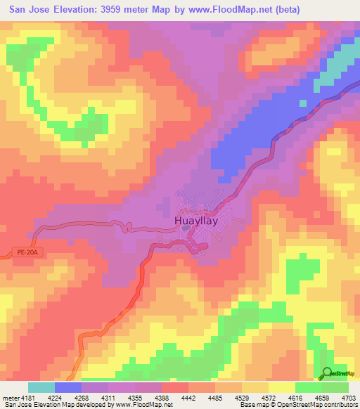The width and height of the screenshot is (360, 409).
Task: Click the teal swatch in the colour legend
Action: [41, 387]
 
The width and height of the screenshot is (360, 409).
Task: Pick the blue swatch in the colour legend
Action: [68, 387]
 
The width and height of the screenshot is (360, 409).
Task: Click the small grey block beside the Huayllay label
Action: [192, 245]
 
